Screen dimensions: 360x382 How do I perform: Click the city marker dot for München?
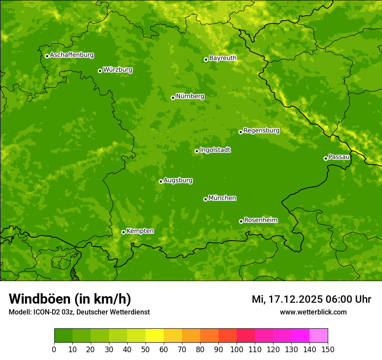tap(205, 199)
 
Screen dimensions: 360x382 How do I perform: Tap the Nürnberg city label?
tap(190, 96)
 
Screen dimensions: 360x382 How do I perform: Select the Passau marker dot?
tap(326, 158)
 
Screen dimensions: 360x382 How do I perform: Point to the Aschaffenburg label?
tap(72, 55)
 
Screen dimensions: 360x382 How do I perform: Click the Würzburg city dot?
tap(100, 71)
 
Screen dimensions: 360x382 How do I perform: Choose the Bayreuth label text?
tap(223, 58)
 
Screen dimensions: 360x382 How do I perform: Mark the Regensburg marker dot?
tap(240, 132)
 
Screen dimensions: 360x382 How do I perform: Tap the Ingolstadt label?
tap(215, 150)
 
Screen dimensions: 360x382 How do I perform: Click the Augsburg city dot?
tap(161, 181)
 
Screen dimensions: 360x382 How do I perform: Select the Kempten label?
tap(140, 231)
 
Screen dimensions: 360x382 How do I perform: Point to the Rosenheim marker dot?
tap(241, 221)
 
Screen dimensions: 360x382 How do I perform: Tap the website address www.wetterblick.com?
tap(313, 312)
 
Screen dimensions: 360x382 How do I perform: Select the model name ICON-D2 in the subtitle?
tap(44, 312)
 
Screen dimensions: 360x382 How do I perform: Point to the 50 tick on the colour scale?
tap(145, 349)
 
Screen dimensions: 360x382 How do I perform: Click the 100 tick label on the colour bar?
tap(237, 349)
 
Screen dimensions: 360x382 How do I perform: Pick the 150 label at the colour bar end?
tap(328, 349)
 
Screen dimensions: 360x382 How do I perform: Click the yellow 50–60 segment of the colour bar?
tap(155, 336)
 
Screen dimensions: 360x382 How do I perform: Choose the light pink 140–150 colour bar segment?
tap(319, 336)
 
